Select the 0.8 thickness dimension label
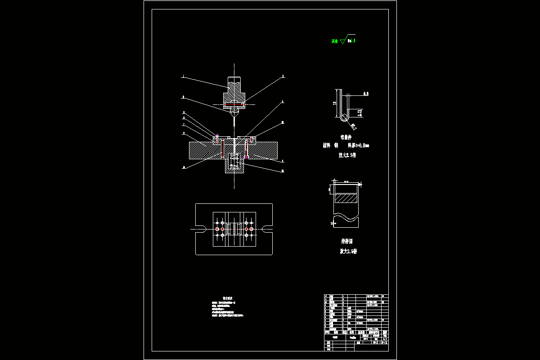pos(366,94)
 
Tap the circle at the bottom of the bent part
pos(344,117)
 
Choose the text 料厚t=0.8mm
pos(359,145)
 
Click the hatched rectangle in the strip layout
pos(346,198)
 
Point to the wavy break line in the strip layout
pos(346,218)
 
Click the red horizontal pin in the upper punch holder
pos(234,104)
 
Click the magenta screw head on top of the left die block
pos(217,135)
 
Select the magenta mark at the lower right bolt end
pos(247,157)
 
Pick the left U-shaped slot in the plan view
pos(201,229)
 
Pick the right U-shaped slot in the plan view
pos(267,229)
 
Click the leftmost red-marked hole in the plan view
pos(217,229)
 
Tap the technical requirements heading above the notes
pos(228,298)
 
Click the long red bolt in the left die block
pos(222,147)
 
